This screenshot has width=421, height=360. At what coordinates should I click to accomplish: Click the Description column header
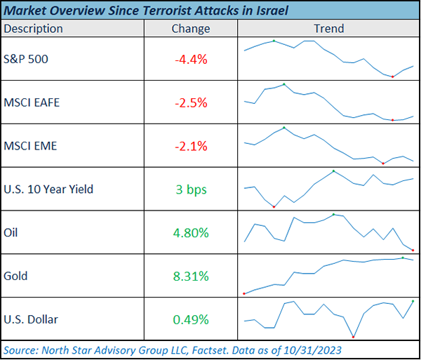tap(33, 29)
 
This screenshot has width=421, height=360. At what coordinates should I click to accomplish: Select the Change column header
tap(190, 29)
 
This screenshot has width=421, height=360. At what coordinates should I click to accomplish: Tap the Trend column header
tap(328, 29)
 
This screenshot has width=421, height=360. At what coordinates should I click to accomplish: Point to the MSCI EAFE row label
tap(32, 102)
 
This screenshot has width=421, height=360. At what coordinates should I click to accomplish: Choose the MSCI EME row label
tap(30, 146)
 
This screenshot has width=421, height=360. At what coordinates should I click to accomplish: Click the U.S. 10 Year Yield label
tap(48, 189)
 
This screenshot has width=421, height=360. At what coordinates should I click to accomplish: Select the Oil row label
tap(11, 232)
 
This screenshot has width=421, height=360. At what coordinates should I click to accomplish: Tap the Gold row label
tap(15, 276)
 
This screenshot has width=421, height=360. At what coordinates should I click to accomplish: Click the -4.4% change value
tap(191, 60)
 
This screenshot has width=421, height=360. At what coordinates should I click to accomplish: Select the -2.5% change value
tap(191, 103)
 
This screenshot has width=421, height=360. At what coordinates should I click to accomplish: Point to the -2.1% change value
tap(191, 147)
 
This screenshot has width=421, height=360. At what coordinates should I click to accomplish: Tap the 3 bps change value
tap(191, 189)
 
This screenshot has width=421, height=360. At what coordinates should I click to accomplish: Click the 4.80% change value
tap(191, 233)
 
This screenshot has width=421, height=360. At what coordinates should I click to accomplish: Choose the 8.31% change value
tap(191, 276)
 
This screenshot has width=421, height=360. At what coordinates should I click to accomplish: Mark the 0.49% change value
tap(191, 320)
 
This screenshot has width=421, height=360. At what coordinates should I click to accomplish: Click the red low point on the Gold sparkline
tap(243, 293)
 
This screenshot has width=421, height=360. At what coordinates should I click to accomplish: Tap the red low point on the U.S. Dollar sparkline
tap(353, 337)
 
